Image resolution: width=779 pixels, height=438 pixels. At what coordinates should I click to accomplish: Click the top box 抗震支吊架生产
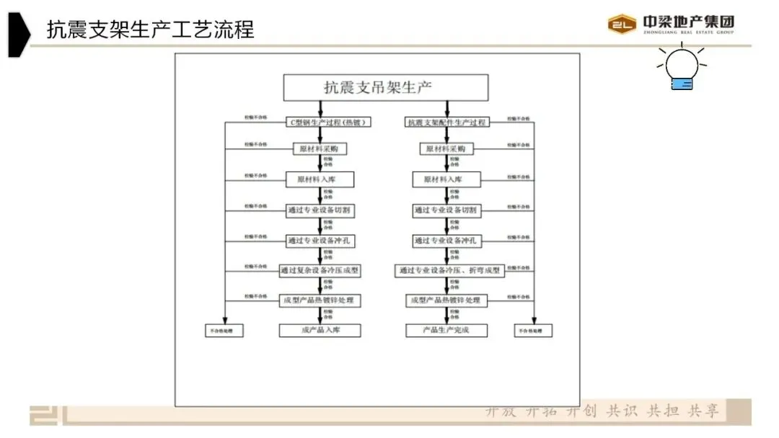point(386,88)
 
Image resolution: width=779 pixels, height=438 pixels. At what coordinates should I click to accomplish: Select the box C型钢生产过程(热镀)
point(320,122)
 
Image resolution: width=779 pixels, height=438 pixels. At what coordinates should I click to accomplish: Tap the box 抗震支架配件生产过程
point(446,122)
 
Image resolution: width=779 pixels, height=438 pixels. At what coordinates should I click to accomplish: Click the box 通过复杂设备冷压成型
point(320,271)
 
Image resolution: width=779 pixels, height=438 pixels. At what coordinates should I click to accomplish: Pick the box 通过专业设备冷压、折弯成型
point(449,271)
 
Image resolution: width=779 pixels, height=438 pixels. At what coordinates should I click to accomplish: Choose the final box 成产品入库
point(320,331)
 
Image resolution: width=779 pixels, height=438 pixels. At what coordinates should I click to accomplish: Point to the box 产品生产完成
point(446,331)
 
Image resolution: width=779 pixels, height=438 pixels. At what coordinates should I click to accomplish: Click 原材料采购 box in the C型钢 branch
point(320,149)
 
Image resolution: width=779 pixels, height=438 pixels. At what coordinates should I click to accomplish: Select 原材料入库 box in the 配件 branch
point(446,179)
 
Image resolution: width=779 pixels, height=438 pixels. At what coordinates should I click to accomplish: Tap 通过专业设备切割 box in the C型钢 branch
point(320,210)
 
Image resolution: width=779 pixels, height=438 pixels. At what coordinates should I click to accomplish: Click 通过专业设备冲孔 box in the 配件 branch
point(446,241)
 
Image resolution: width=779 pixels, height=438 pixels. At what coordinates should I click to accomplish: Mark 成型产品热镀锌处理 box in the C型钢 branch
point(320,300)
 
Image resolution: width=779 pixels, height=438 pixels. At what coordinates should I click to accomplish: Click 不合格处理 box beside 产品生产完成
point(534,331)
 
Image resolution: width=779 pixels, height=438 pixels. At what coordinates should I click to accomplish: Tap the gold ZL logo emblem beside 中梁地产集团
point(622,24)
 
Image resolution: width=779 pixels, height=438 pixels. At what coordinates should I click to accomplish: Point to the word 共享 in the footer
point(703,411)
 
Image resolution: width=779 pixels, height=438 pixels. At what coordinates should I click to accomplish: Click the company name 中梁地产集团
point(688,22)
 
